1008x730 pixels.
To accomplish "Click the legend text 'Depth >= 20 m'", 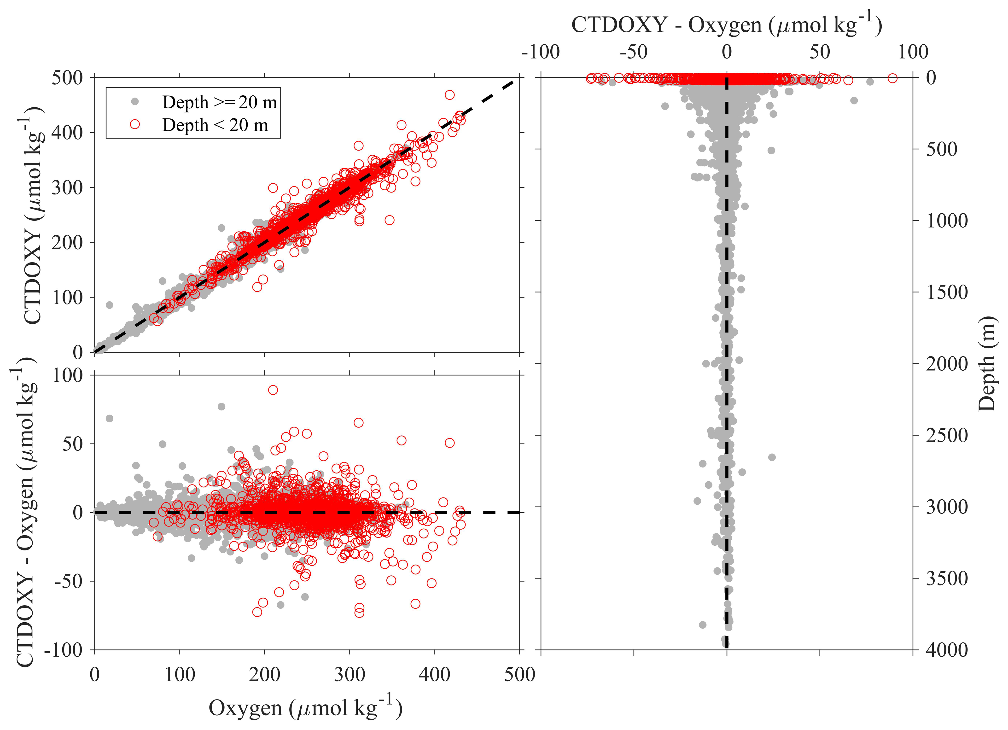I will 219,102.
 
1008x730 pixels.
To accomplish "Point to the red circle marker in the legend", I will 135,125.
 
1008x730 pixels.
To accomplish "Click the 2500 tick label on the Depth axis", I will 947,436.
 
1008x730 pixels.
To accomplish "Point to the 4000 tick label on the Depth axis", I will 947,650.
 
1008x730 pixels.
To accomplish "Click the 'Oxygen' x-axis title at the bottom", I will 306,708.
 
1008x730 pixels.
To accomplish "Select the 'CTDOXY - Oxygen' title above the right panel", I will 726,25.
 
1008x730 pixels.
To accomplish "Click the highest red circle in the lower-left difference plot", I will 273,390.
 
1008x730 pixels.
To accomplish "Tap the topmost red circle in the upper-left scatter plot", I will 450,95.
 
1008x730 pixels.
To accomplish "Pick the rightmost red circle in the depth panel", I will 892,78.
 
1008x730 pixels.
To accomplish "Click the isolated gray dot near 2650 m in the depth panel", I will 772,457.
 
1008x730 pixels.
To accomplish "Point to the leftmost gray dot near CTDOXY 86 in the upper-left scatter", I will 109,305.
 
